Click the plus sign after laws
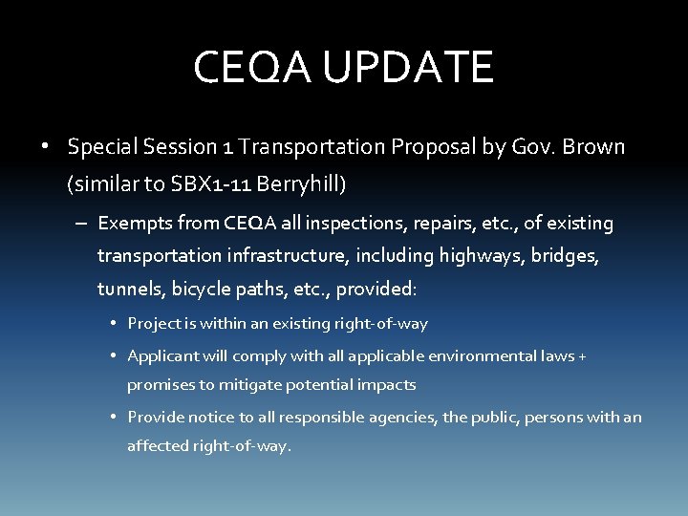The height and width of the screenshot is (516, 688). click(583, 356)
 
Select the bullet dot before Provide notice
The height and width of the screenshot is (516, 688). click(113, 418)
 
